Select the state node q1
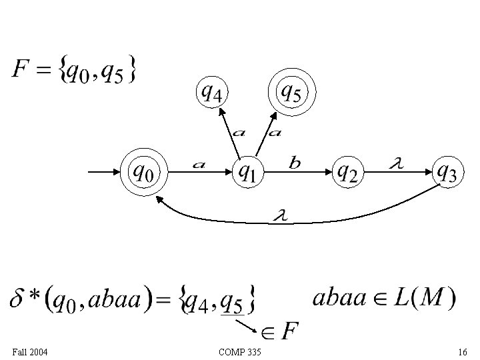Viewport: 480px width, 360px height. pyautogui.click(x=247, y=173)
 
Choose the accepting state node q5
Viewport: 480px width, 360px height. pyautogui.click(x=290, y=92)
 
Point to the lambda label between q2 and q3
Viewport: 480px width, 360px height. pyautogui.click(x=395, y=162)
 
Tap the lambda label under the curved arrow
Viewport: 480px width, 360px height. pyautogui.click(x=279, y=215)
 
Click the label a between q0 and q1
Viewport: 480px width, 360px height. pyautogui.click(x=198, y=164)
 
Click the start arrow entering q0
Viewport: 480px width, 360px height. pyautogui.click(x=103, y=173)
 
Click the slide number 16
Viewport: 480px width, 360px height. pyautogui.click(x=462, y=351)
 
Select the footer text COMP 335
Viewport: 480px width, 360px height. pyautogui.click(x=239, y=351)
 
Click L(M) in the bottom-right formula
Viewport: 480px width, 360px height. pyautogui.click(x=423, y=297)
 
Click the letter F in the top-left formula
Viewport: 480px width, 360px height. pyautogui.click(x=20, y=69)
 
